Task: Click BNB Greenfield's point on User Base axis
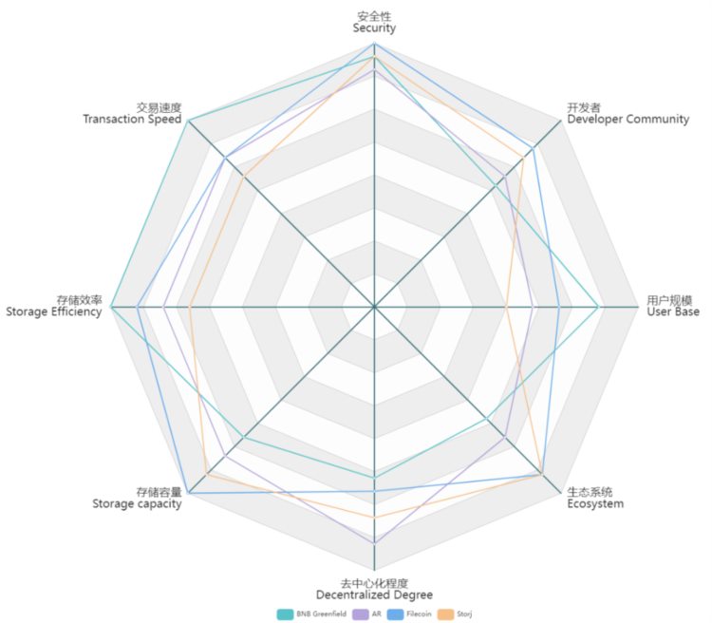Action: coord(598,307)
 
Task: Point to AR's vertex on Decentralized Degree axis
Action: coord(374,542)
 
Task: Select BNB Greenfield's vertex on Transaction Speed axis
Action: coord(189,121)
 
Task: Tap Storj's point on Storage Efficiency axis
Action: coord(190,307)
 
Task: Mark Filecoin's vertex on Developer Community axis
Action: coord(534,148)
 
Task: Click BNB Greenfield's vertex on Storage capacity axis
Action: coord(245,437)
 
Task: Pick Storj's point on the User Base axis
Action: coord(507,307)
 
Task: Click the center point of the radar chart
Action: coord(374,307)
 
